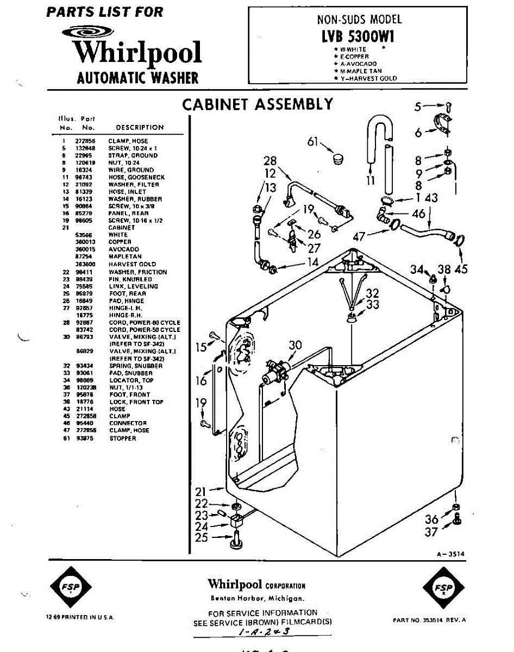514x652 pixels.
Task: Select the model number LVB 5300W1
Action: click(359, 36)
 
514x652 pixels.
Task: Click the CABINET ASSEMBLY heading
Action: click(257, 104)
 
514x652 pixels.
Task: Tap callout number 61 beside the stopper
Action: click(312, 142)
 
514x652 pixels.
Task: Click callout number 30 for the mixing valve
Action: click(295, 344)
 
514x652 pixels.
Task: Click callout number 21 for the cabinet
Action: click(201, 492)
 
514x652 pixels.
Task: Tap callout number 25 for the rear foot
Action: click(202, 537)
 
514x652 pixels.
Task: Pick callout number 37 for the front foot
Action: click(431, 532)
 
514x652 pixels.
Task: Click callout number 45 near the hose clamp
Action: click(461, 268)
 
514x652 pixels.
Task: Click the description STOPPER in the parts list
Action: click(122, 438)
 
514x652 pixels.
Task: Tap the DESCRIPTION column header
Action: click(140, 128)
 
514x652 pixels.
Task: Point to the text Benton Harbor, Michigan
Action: click(257, 598)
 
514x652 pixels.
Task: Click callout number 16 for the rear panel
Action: click(201, 380)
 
